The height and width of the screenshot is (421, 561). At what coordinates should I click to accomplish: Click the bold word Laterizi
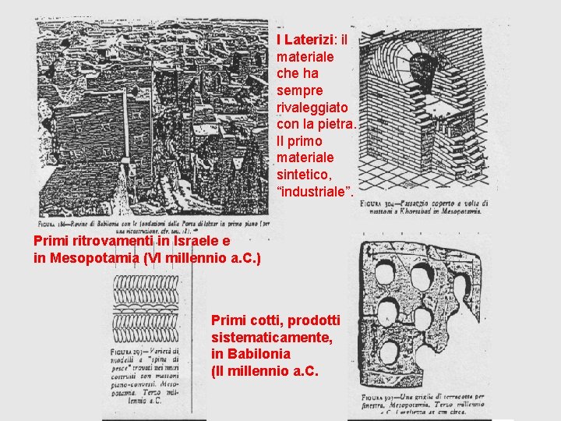[309, 39]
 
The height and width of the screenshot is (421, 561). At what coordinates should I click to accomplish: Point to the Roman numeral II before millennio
[221, 371]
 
